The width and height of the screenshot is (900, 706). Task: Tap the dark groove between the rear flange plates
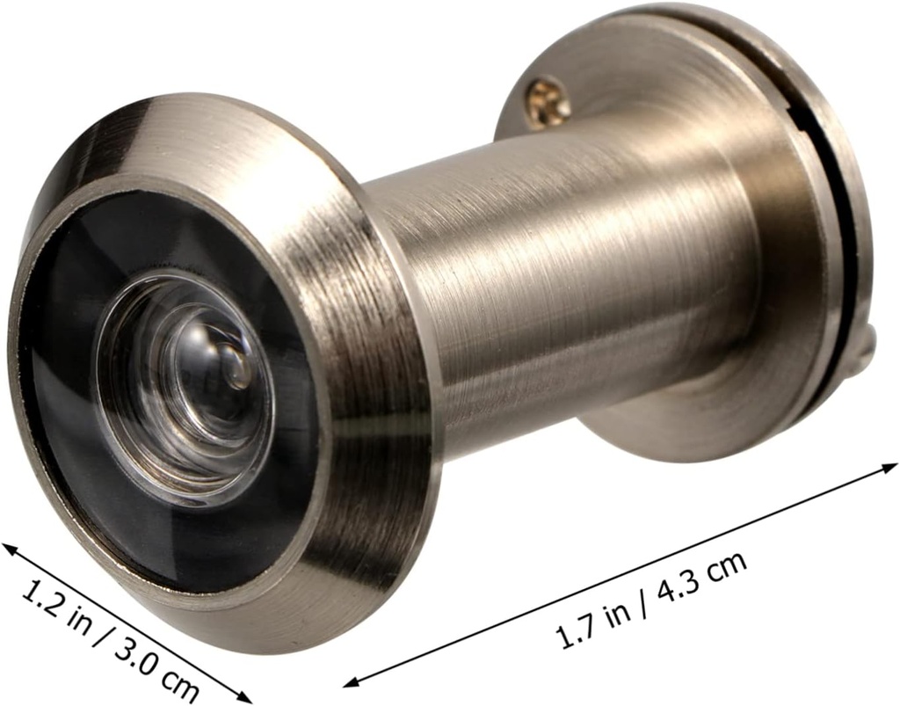click(842, 220)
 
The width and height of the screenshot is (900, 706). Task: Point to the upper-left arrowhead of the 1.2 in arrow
click(11, 549)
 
